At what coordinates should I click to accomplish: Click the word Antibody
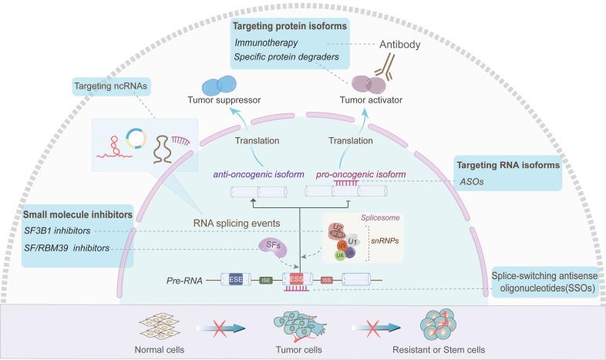[x=402, y=44]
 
